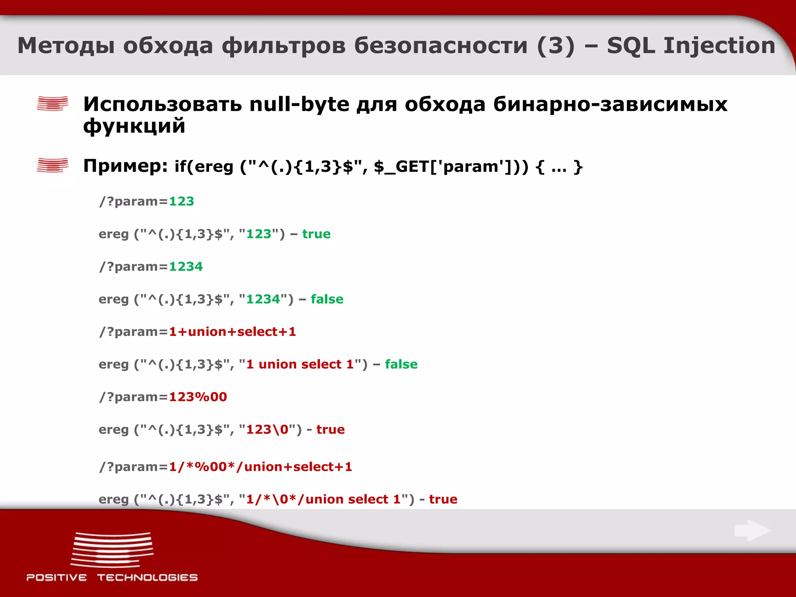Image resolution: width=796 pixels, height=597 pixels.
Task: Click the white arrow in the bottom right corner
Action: coord(752,530)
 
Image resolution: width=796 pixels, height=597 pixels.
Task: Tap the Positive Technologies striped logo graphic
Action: coord(112,550)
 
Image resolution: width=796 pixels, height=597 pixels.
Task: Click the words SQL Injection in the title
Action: coord(691,45)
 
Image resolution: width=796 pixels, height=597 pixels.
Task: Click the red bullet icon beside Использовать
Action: coord(52,103)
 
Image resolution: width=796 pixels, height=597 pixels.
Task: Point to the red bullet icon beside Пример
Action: coord(52,165)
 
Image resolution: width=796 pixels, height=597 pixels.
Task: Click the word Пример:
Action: coord(126,166)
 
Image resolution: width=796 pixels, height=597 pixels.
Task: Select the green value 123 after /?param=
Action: coord(182,201)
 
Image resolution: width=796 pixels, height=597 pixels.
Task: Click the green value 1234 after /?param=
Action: coord(186,267)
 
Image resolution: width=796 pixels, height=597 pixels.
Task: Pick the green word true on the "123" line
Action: coord(316,234)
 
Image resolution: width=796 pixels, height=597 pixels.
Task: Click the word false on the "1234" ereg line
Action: coord(327,299)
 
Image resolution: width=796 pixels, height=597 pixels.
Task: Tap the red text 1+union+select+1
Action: coord(232,332)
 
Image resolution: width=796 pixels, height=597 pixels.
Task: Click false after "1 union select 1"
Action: coord(401,365)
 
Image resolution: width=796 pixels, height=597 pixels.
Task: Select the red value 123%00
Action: coord(198,397)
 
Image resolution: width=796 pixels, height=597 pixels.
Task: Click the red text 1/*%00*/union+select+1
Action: coord(260,467)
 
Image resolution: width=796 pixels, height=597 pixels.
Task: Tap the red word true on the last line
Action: coord(443,499)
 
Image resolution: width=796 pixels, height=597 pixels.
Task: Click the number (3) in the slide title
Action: coord(555,45)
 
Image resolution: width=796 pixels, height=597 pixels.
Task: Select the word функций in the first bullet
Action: coord(134,126)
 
